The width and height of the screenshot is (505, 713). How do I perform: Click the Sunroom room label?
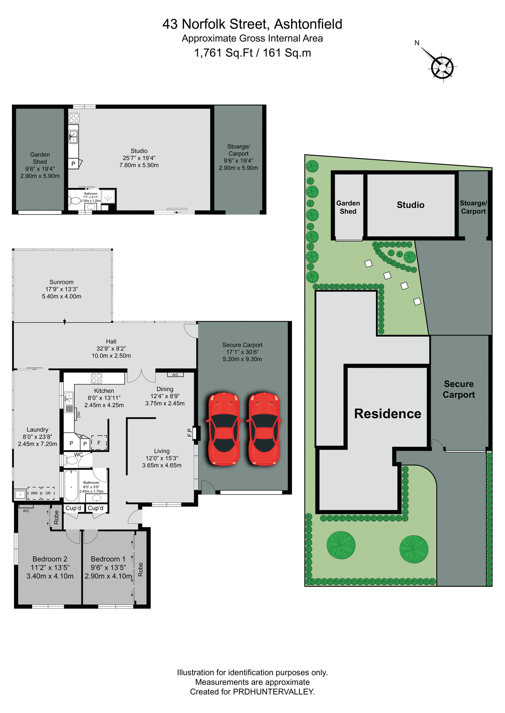[x=61, y=282]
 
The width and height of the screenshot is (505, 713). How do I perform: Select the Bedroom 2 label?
[x=50, y=559]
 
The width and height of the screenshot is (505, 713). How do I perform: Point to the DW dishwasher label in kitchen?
[x=78, y=414]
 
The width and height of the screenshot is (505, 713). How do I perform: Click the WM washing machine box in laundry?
[x=34, y=493]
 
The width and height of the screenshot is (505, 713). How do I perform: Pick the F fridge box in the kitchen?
[x=99, y=443]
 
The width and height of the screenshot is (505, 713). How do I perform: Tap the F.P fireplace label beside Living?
[x=190, y=433]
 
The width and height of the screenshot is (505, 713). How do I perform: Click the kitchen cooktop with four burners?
[x=96, y=378]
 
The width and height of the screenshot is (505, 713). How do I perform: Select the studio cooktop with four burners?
[x=74, y=118]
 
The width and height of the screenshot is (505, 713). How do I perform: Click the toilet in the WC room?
[x=71, y=460]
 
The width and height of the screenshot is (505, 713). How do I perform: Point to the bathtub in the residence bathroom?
[x=71, y=486]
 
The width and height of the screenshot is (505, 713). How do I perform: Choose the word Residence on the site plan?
[x=387, y=414]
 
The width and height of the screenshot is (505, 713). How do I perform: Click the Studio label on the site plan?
[x=410, y=205]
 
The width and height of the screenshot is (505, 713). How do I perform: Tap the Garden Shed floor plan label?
[x=40, y=158]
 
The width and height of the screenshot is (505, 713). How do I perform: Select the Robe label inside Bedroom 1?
[x=141, y=569]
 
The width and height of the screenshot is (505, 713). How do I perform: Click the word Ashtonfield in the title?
[x=308, y=24]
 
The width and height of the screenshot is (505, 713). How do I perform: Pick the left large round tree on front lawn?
[x=341, y=545]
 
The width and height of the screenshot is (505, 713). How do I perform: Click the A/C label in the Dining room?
[x=175, y=375]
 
